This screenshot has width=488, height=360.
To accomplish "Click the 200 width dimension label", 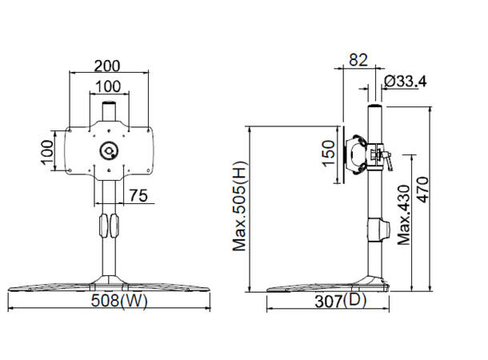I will (x=110, y=65).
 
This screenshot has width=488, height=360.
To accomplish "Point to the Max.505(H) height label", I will (x=239, y=207).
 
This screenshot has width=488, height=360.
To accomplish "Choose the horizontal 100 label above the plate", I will (x=109, y=86).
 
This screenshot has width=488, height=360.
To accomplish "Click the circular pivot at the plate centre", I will (x=109, y=150).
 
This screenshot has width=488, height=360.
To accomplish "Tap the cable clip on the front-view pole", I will (x=109, y=226).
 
